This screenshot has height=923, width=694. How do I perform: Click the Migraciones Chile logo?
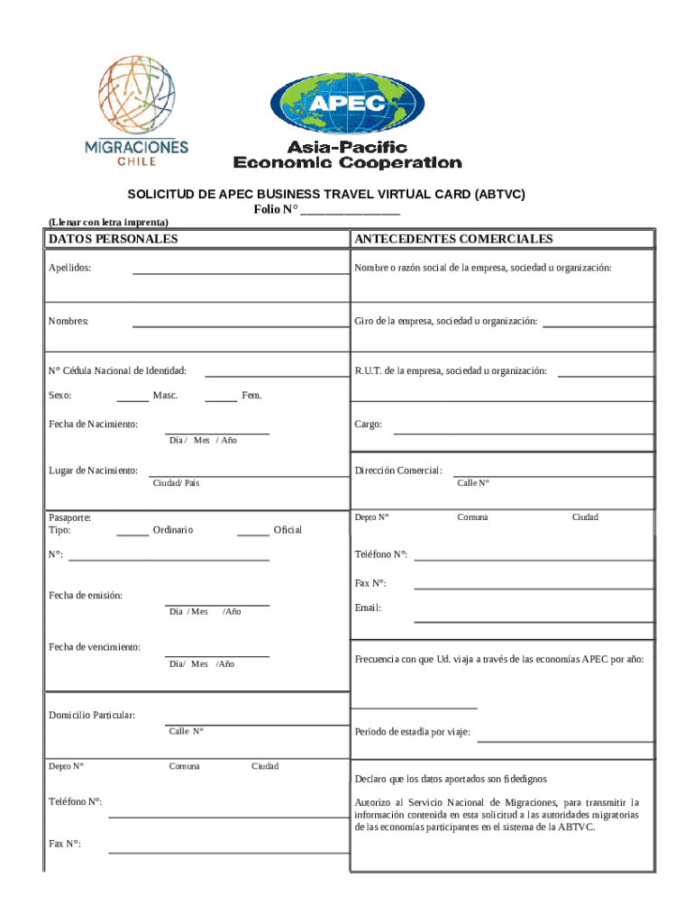click(136, 111)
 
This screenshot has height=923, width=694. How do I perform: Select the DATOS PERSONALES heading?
click(113, 239)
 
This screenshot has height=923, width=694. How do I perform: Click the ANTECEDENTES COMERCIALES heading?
click(453, 239)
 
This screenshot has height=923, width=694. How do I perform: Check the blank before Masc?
click(132, 399)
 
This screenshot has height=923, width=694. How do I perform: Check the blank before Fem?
click(221, 399)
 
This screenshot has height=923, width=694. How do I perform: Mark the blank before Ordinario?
click(132, 534)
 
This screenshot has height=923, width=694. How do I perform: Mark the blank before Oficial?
click(252, 534)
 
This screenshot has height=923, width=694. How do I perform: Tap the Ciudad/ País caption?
click(176, 484)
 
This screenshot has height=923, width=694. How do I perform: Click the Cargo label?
click(368, 425)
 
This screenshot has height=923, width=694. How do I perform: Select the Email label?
click(368, 608)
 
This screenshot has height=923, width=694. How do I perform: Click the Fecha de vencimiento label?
click(95, 647)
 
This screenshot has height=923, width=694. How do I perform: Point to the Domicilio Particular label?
click(92, 716)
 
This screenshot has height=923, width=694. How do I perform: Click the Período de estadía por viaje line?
click(564, 739)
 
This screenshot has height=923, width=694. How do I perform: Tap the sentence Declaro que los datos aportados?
click(451, 779)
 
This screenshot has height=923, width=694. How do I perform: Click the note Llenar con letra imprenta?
click(108, 222)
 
